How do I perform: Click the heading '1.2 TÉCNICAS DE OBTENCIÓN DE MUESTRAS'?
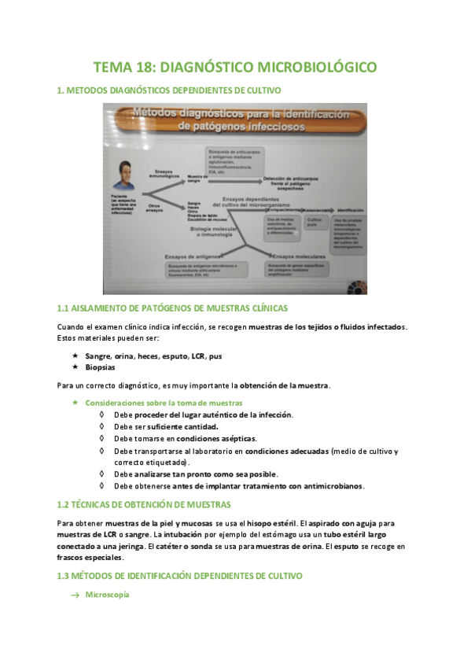[x=144, y=504]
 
